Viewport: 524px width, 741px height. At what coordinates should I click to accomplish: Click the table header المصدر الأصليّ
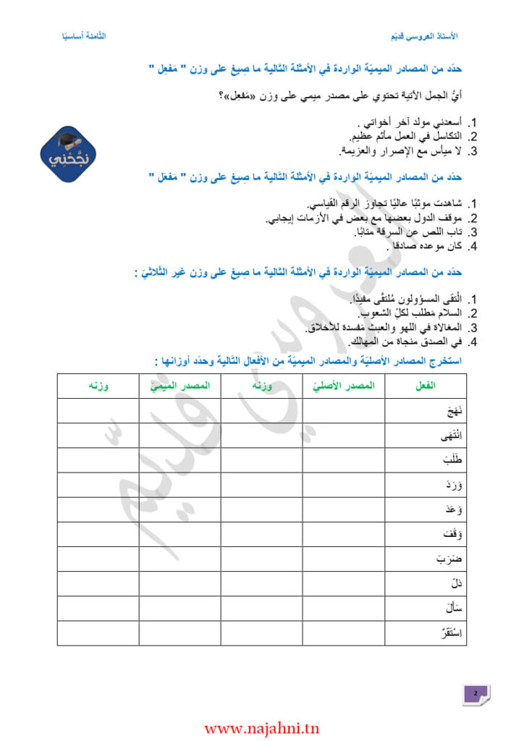pyautogui.click(x=344, y=386)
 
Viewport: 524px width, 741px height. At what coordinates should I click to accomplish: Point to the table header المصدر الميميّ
pyautogui.click(x=180, y=386)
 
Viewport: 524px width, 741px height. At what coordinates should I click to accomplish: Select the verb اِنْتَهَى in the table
pyautogui.click(x=452, y=436)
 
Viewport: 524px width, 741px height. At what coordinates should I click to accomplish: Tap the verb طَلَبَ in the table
pyautogui.click(x=454, y=460)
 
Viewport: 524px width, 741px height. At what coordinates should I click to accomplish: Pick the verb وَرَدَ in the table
pyautogui.click(x=455, y=485)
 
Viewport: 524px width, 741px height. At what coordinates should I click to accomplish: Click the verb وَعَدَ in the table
pyautogui.click(x=455, y=509)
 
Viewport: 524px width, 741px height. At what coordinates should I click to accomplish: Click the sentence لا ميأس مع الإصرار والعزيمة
pyautogui.click(x=399, y=151)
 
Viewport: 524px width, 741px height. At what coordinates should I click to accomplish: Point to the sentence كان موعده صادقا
pyautogui.click(x=424, y=247)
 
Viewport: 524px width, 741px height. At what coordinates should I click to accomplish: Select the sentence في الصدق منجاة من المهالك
pyautogui.click(x=402, y=342)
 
